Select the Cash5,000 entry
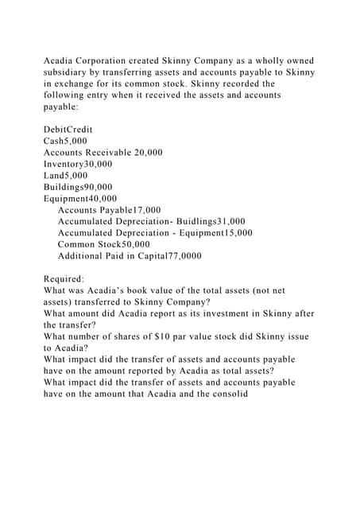(x=65, y=140)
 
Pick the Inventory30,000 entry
(x=78, y=163)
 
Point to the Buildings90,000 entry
(x=78, y=186)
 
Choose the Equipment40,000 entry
(x=80, y=198)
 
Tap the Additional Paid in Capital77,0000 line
(x=130, y=256)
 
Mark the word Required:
(x=64, y=279)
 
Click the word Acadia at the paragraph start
(x=60, y=61)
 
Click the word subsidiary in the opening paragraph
(x=68, y=72)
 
